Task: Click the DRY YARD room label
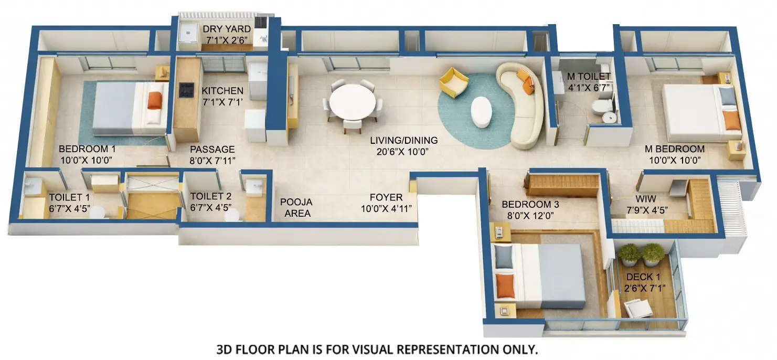click(x=227, y=29)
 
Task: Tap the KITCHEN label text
click(x=222, y=91)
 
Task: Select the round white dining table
click(x=352, y=102)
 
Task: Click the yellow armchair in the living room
click(x=454, y=82)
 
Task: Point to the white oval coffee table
click(x=481, y=112)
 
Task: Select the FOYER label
click(x=386, y=197)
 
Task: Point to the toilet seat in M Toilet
click(x=599, y=108)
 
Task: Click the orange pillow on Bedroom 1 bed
click(x=154, y=100)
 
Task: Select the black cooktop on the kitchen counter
click(x=186, y=90)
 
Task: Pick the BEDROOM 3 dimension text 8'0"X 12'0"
click(x=530, y=215)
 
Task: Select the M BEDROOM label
click(x=674, y=149)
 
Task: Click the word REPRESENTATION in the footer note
click(x=442, y=349)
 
